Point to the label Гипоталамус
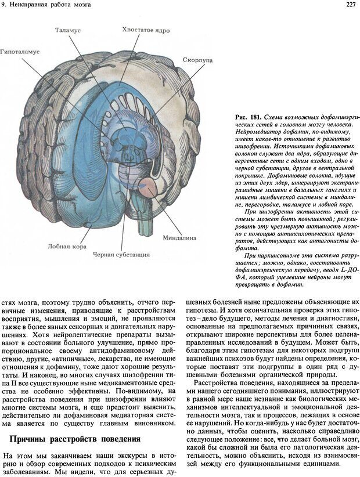coord(20,52)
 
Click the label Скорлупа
coord(197,60)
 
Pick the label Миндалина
coord(196,237)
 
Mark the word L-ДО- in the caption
coord(340,270)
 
